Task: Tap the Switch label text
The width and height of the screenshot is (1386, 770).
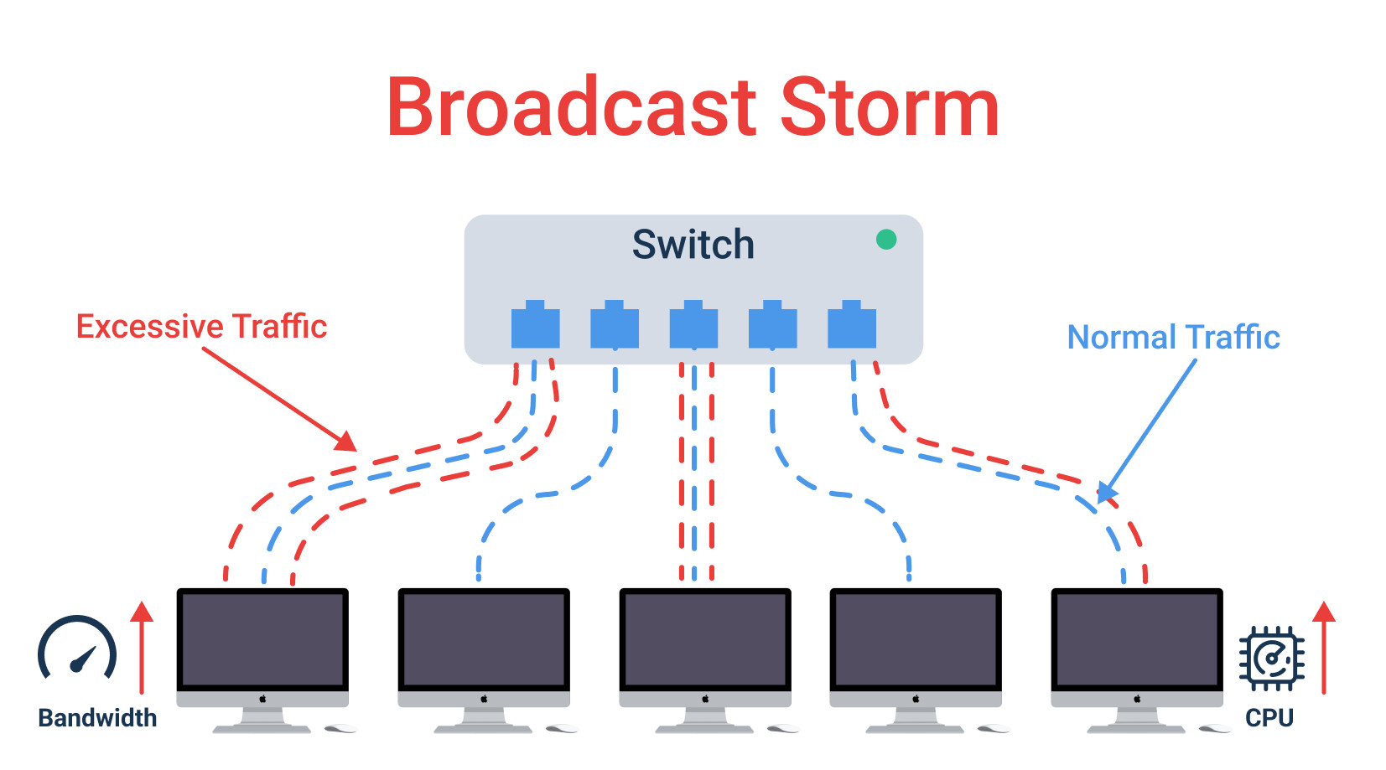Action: [x=693, y=245]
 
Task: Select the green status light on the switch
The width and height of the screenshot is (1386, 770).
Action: [x=886, y=240]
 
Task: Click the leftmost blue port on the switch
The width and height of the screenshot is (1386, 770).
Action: [x=535, y=326]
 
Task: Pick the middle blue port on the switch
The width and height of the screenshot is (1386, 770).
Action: [x=693, y=326]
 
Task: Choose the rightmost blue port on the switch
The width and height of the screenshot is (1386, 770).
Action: [x=852, y=326]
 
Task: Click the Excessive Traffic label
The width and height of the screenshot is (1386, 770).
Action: [x=201, y=326]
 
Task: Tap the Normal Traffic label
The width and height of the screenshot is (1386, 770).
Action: [x=1173, y=338]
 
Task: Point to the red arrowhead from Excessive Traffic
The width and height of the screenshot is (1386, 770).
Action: [x=347, y=442]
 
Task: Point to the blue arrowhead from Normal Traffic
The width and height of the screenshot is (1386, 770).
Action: [x=1106, y=494]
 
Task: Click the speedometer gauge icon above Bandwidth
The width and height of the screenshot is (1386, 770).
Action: [x=77, y=649]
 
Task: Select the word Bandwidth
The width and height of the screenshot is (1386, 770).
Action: [x=97, y=718]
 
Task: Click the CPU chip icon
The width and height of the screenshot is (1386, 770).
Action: [x=1271, y=658]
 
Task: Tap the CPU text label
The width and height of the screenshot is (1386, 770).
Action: [x=1269, y=718]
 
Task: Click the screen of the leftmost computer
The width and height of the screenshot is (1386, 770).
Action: [x=262, y=638]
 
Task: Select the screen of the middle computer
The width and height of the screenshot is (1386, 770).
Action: [x=705, y=638]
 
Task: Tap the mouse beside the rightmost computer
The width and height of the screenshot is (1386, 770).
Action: [x=1215, y=728]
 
